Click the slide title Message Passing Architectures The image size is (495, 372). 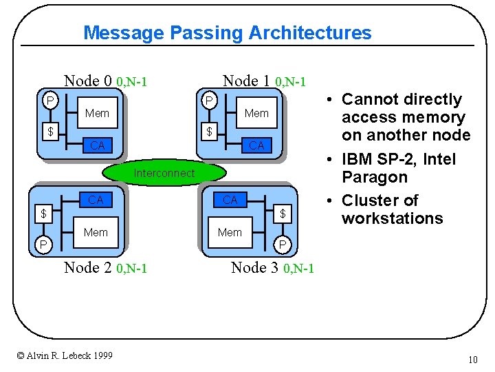tap(227, 32)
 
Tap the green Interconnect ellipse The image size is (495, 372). tap(164, 174)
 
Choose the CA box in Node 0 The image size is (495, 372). tap(97, 145)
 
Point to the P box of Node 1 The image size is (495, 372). tap(209, 101)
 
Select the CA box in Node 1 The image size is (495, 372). tap(256, 145)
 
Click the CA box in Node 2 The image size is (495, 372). tap(96, 200)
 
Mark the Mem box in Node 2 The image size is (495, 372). tap(96, 233)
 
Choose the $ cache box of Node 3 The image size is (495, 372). tap(282, 214)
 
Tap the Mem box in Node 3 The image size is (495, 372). tap(230, 233)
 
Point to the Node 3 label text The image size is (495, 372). tap(272, 268)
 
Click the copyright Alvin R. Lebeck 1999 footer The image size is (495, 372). tap(65, 355)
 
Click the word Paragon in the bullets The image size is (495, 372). tap(375, 177)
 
